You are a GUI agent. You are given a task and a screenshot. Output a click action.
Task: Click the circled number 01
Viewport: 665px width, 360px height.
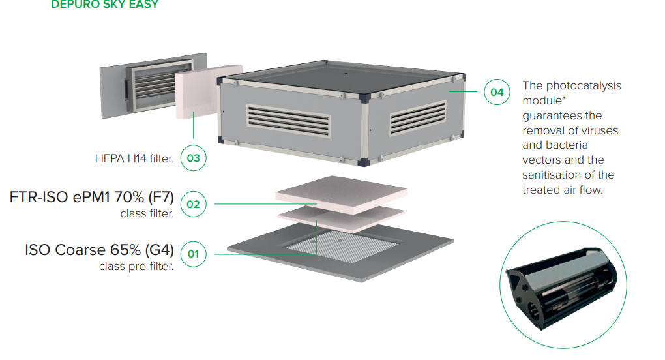click(194, 254)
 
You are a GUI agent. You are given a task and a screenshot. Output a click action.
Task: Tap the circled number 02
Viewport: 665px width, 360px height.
click(194, 204)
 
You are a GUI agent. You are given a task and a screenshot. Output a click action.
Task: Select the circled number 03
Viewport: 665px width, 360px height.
click(194, 158)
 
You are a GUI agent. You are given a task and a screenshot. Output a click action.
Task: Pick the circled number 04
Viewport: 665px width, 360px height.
click(497, 92)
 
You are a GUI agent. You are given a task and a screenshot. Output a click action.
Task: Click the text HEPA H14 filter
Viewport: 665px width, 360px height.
click(134, 158)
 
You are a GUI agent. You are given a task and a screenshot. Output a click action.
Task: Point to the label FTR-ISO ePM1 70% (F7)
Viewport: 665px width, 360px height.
click(92, 197)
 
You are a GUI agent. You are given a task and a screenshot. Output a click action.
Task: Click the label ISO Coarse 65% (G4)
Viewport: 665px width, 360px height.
click(99, 250)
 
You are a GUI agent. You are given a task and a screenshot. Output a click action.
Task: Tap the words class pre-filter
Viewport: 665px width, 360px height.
click(136, 266)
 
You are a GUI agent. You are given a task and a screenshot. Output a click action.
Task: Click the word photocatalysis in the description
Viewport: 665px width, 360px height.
click(584, 86)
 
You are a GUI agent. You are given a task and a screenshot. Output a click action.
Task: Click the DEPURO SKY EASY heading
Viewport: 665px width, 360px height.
click(105, 5)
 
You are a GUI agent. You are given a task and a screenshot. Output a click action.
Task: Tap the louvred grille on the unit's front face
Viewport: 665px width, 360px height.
click(288, 121)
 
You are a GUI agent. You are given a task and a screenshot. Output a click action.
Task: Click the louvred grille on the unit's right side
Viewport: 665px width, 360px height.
click(418, 118)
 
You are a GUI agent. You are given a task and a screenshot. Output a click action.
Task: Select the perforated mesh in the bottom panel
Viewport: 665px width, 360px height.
click(342, 246)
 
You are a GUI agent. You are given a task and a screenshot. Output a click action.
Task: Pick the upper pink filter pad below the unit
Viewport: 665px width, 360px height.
click(342, 194)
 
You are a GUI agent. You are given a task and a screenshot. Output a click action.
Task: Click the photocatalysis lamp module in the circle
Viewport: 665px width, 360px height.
click(561, 287)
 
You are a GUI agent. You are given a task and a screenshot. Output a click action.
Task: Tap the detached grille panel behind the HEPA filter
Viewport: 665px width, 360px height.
click(153, 85)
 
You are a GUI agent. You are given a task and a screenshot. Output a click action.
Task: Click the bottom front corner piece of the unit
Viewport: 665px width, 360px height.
click(363, 162)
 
